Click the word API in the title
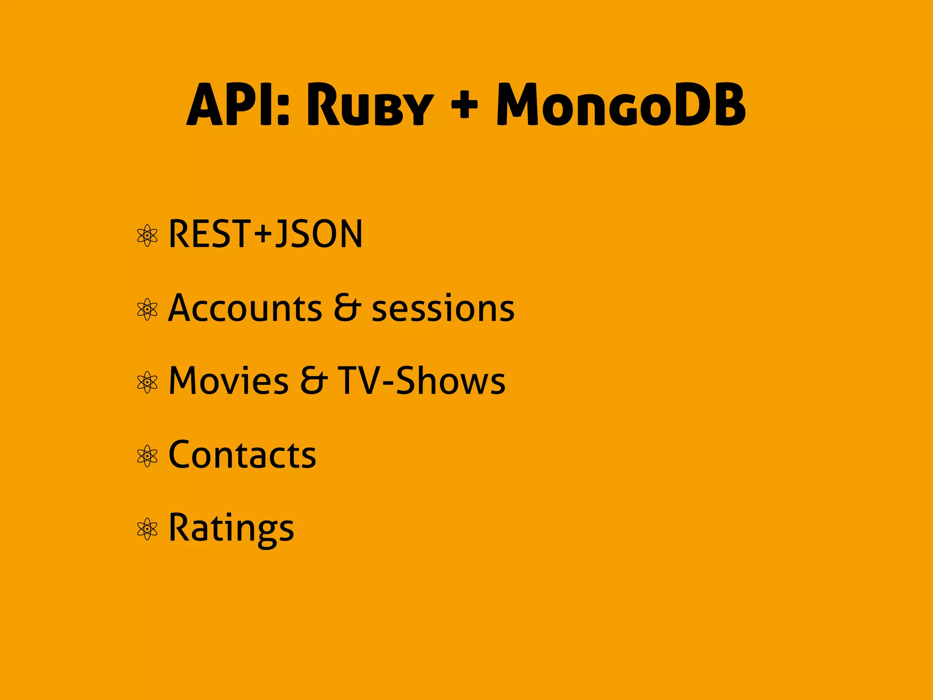click(x=230, y=105)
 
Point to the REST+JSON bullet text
click(x=266, y=234)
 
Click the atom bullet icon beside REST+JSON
click(x=147, y=236)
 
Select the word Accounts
click(x=245, y=308)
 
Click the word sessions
click(x=443, y=309)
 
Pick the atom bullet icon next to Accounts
click(x=147, y=309)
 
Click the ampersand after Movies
click(x=313, y=381)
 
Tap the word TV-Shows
click(x=421, y=381)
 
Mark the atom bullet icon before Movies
click(x=147, y=382)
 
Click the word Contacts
click(x=242, y=455)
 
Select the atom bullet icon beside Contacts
click(x=147, y=456)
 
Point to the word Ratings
click(x=231, y=529)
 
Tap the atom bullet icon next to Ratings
click(x=147, y=529)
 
